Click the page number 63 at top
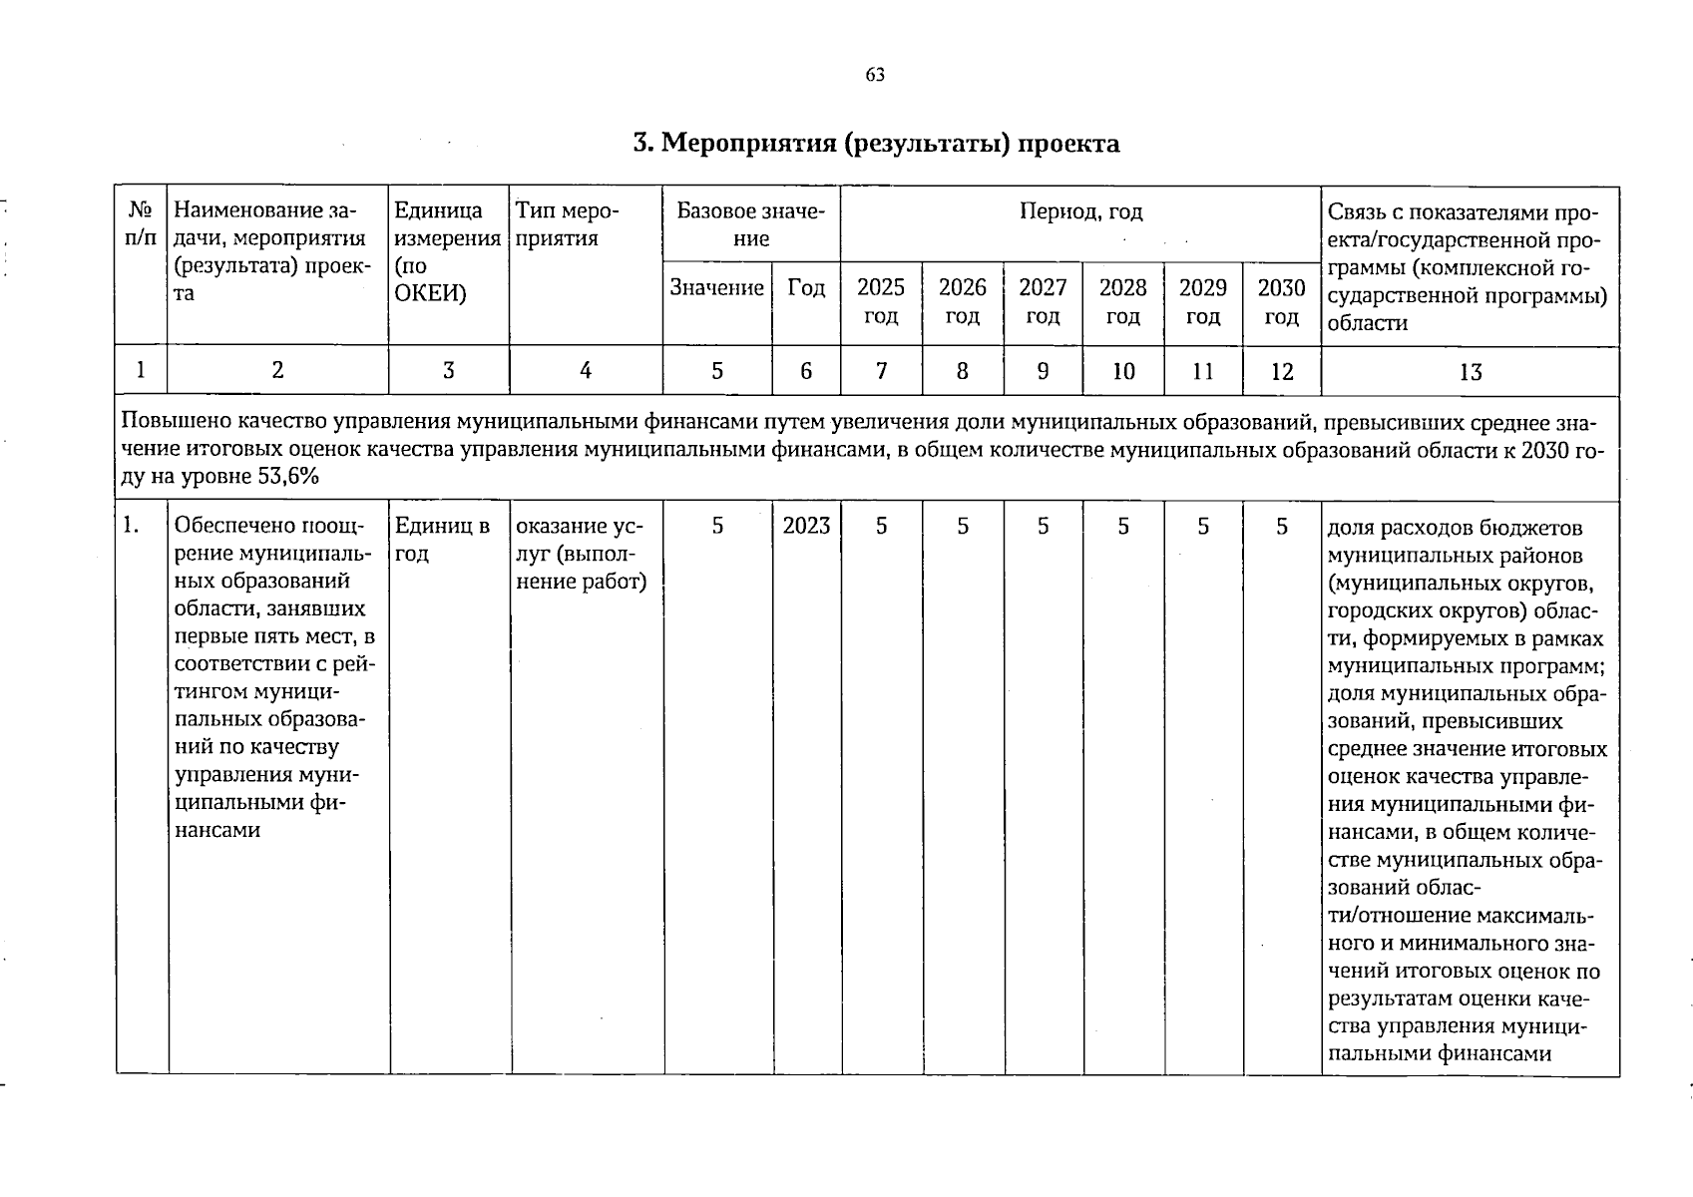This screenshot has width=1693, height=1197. [875, 76]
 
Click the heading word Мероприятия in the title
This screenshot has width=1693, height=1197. [748, 145]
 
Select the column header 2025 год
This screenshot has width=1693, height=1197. [881, 301]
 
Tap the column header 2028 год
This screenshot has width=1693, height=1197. [1122, 301]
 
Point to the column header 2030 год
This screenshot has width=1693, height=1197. [1281, 301]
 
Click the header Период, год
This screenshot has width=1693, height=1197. [1080, 211]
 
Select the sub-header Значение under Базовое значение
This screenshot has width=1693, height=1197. [716, 288]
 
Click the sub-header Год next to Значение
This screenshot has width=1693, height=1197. [806, 288]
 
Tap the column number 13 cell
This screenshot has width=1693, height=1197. [1470, 372]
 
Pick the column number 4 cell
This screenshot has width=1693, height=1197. [586, 371]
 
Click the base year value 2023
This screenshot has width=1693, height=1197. [806, 526]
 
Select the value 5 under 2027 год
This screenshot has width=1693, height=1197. [1043, 526]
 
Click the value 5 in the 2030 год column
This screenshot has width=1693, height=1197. [1282, 526]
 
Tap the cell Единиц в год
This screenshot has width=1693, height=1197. [442, 539]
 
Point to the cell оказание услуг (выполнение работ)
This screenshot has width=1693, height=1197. [581, 554]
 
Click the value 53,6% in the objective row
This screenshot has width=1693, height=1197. [287, 477]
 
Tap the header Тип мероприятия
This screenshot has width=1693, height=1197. [567, 224]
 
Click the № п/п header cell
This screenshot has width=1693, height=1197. [141, 224]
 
